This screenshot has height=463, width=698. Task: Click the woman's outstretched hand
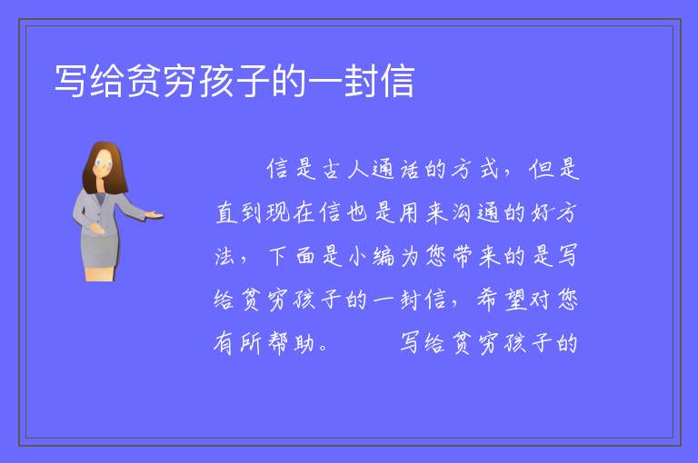[155, 216]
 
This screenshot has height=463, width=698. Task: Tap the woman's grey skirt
[99, 251]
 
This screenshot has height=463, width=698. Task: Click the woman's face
[104, 163]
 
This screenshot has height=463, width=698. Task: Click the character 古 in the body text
[331, 170]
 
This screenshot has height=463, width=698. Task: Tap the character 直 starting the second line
[226, 212]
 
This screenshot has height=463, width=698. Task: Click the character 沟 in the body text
[462, 212]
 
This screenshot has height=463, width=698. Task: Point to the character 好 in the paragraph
[541, 212]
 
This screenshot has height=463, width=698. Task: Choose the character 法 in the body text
[224, 256]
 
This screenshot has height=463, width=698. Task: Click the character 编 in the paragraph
[384, 256]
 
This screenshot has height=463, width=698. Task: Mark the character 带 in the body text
[463, 256]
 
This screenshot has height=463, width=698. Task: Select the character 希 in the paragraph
[488, 300]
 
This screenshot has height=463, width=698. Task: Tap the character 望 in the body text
[515, 300]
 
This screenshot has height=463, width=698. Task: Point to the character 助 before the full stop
[304, 343]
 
